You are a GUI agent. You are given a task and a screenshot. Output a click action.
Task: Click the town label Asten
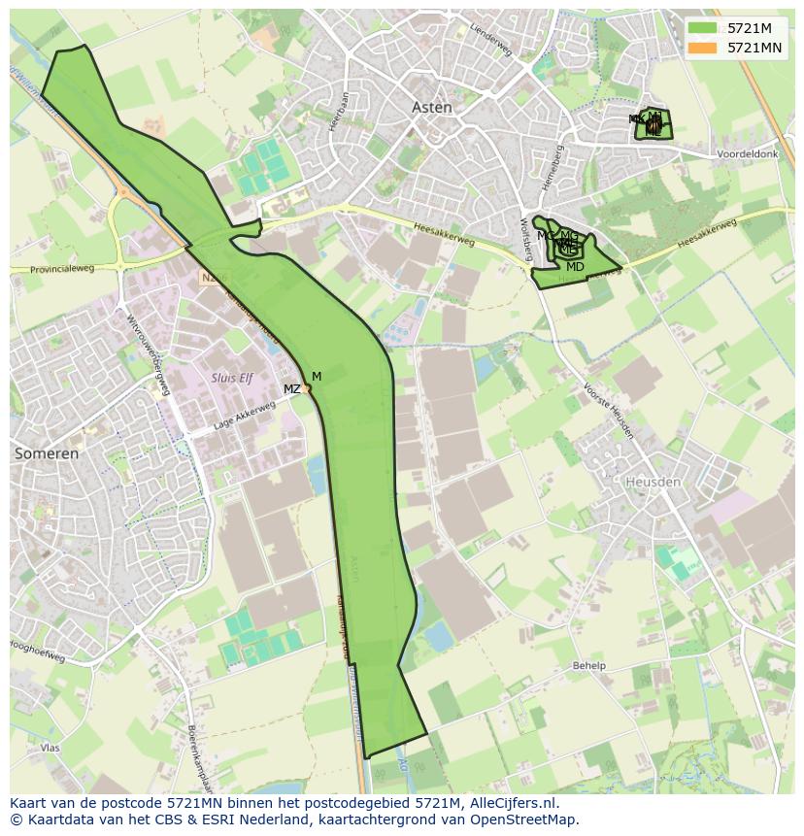(x=432, y=108)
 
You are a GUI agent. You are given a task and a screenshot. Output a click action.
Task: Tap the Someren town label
(x=47, y=453)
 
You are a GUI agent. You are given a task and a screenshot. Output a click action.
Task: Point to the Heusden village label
(x=653, y=482)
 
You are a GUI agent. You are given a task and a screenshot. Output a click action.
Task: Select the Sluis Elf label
(x=232, y=378)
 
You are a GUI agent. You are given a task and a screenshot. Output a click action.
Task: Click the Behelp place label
(x=588, y=665)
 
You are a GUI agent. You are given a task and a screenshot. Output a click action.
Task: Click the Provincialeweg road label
(x=62, y=269)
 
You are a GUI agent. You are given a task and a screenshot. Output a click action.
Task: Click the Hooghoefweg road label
(x=37, y=652)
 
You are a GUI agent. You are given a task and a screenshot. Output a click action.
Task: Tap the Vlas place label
(x=50, y=748)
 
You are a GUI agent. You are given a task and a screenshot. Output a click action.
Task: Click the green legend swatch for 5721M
(x=702, y=28)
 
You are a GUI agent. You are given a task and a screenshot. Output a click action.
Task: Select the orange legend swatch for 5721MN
(x=702, y=48)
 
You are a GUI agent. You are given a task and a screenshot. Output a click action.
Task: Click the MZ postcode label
(x=291, y=389)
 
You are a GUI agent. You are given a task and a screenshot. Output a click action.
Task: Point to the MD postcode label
(x=575, y=267)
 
